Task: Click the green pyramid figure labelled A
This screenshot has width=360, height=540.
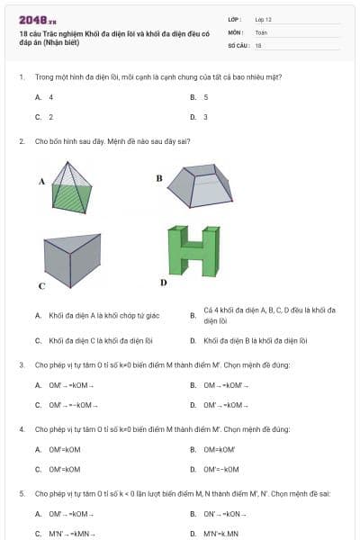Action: point(69,187)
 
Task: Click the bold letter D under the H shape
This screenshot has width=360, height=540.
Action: point(163,282)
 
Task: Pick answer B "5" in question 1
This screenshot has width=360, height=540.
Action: point(206,96)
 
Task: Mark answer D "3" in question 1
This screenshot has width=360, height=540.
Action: point(206,117)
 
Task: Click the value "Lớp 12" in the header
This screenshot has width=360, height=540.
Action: point(264,18)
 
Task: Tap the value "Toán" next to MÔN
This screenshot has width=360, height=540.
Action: point(262,31)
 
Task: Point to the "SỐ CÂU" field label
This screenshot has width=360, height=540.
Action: point(238,44)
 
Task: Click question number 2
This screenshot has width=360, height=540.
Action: point(21,140)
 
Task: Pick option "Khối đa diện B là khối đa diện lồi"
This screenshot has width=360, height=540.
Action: point(256,341)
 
